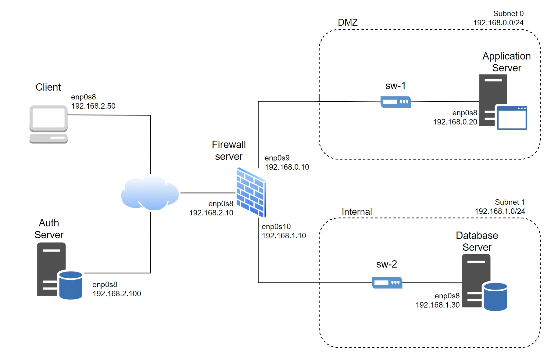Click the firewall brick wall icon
click(x=251, y=192)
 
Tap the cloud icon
click(x=150, y=193)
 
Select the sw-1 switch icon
click(x=395, y=102)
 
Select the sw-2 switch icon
click(x=387, y=283)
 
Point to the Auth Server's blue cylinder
click(x=71, y=285)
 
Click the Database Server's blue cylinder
click(x=495, y=297)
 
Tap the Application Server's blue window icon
click(x=512, y=118)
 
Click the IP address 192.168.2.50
click(x=93, y=106)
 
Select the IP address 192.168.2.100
click(x=117, y=294)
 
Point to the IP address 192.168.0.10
click(x=287, y=167)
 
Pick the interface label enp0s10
click(x=276, y=227)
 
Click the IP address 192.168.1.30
click(x=437, y=305)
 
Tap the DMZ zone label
click(x=348, y=23)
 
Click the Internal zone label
click(x=357, y=212)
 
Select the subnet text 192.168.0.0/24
click(x=498, y=23)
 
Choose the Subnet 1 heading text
click(x=510, y=202)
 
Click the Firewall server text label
click(x=229, y=150)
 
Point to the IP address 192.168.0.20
click(x=455, y=122)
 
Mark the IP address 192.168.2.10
click(x=211, y=213)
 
